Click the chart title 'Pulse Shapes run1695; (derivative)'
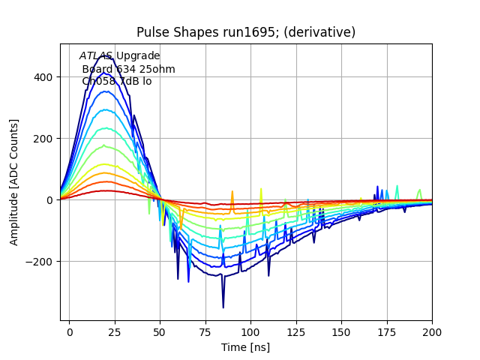246,32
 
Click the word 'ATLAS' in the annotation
95,56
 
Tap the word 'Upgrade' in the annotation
137,56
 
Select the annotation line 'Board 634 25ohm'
128,69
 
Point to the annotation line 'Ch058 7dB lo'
116,81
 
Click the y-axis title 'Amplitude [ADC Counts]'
14,182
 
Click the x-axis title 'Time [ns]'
246,347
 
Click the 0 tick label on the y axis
49,200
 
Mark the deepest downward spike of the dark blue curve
223,307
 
